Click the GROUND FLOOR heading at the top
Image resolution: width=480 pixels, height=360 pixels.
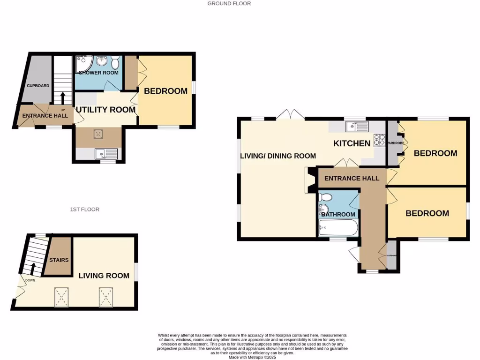pos(229,3)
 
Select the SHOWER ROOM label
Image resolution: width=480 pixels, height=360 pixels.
pos(98,73)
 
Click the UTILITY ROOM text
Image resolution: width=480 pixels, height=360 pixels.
pos(105,110)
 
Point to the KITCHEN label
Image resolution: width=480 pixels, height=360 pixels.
pos(352,143)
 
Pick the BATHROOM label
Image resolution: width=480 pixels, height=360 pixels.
pos(338,214)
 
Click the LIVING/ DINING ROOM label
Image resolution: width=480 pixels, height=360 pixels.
pos(278,156)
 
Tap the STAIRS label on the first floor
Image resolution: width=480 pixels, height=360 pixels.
pos(59,260)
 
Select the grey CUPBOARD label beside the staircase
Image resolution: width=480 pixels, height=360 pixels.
pos(37,86)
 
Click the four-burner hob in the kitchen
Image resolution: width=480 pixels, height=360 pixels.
pos(379,140)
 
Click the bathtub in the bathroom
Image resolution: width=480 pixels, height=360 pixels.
pos(338,230)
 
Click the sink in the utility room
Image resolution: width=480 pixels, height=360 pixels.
pos(105,153)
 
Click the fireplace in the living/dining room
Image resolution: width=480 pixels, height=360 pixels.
pos(311,180)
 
